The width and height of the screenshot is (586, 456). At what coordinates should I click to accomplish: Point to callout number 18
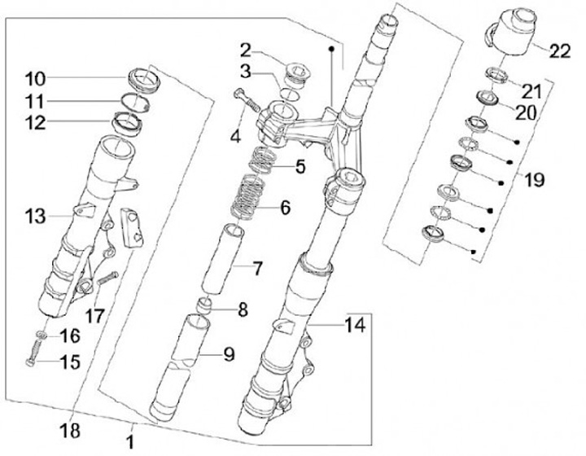click(x=72, y=428)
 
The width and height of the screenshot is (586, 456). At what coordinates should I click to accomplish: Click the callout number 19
click(x=533, y=180)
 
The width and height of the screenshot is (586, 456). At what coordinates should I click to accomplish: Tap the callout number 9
click(x=229, y=354)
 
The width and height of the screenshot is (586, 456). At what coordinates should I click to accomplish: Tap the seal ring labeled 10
click(x=143, y=81)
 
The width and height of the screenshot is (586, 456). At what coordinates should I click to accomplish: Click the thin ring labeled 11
click(x=133, y=103)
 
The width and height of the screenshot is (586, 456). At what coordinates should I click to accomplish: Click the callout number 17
click(x=96, y=314)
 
